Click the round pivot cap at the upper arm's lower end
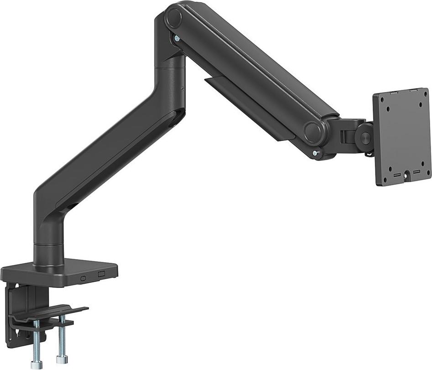coord(313,131)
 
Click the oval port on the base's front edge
coord(83,278)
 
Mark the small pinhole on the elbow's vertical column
coord(182,89)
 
